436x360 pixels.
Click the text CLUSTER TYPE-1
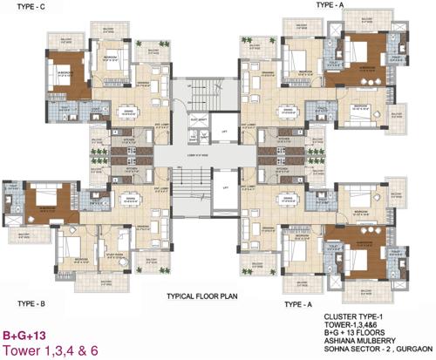pyautogui.click(x=358, y=317)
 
